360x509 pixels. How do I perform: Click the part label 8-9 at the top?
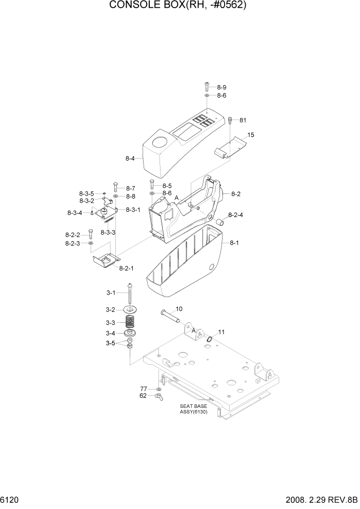point(222,87)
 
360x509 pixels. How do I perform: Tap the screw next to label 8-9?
point(207,85)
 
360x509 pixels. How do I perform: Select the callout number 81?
point(243,120)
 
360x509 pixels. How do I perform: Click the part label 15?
point(251,135)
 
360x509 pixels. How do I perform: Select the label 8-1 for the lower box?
point(234,243)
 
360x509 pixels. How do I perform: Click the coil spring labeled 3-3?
point(133,323)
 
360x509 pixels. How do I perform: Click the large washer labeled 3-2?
point(132,310)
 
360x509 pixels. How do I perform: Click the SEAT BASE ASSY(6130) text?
point(193,409)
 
